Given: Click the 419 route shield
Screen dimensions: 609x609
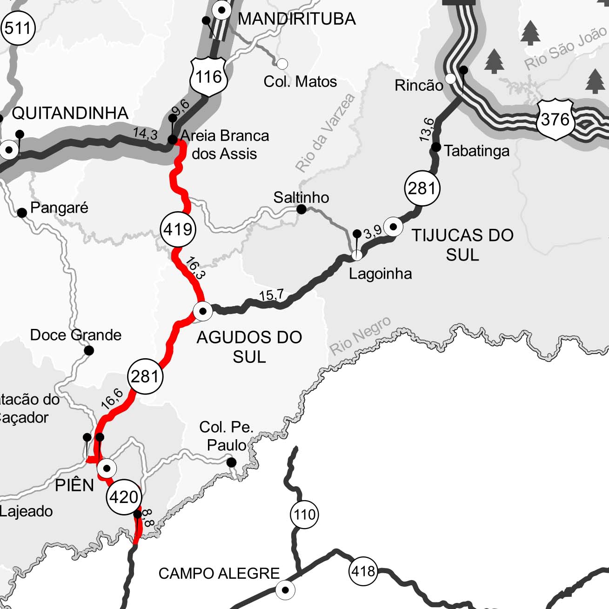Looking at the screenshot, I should (178, 229).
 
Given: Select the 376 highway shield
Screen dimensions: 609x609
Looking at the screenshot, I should (555, 120).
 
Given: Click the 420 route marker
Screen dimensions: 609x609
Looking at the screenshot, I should (124, 497).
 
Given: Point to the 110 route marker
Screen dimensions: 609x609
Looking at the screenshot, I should (304, 515).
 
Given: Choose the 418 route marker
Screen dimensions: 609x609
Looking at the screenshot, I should (363, 570).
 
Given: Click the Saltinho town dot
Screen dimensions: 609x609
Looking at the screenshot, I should (301, 209).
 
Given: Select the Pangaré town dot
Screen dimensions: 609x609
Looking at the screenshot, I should (22, 213).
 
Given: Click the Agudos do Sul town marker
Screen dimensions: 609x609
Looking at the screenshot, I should (203, 311).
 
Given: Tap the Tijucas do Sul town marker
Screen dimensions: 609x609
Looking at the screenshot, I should (394, 227).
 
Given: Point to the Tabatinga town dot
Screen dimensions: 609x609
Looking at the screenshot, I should (436, 147).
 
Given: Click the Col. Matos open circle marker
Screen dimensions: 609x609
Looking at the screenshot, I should (282, 64).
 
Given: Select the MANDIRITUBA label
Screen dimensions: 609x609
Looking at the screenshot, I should (296, 19).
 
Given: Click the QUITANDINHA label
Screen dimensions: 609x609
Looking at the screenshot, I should (70, 113).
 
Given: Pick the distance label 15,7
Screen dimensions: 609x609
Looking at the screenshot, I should (271, 295).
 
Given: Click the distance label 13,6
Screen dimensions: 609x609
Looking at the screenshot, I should (427, 130).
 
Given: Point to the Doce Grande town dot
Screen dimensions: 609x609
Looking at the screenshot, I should (89, 350).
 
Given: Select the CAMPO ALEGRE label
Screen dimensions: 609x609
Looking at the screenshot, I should (219, 573).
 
